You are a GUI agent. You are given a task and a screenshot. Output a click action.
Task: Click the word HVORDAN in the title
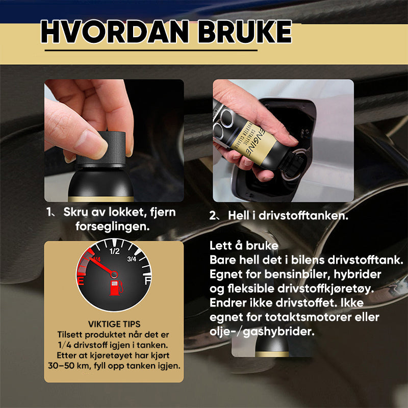[115, 32]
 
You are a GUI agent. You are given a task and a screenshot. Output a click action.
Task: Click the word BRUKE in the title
[245, 32]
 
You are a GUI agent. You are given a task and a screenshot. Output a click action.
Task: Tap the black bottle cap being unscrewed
[100, 149]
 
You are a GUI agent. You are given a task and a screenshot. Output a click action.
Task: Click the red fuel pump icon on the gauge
[116, 288]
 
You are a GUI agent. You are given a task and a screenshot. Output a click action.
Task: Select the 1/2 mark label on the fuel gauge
[114, 251]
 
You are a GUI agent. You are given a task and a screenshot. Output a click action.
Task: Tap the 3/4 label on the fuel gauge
[132, 259]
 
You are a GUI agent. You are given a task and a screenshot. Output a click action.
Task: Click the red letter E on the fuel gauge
[81, 282]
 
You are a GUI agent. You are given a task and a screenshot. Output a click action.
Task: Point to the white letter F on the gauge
[148, 281]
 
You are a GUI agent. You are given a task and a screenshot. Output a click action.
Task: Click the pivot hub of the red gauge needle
[114, 274]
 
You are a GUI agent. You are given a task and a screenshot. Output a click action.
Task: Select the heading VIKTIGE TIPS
[114, 324]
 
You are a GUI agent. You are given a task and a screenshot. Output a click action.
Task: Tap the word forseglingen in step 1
[113, 226]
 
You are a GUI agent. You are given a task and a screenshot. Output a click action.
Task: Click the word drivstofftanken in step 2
[303, 215]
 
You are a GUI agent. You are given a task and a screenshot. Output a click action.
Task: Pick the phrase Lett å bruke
[244, 245]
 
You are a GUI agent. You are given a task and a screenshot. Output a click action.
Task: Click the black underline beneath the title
[151, 50]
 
